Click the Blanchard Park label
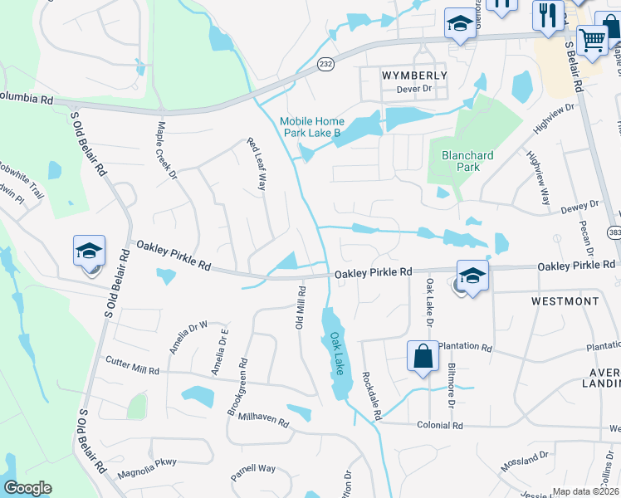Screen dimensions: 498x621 click(467, 161)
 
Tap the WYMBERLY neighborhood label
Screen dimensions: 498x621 click(414, 76)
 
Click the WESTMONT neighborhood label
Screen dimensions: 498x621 click(565, 301)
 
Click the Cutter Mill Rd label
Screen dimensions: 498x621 click(131, 366)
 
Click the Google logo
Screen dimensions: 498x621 click(27, 488)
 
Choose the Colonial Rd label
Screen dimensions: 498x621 click(440, 425)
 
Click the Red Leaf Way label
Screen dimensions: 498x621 click(256, 164)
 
